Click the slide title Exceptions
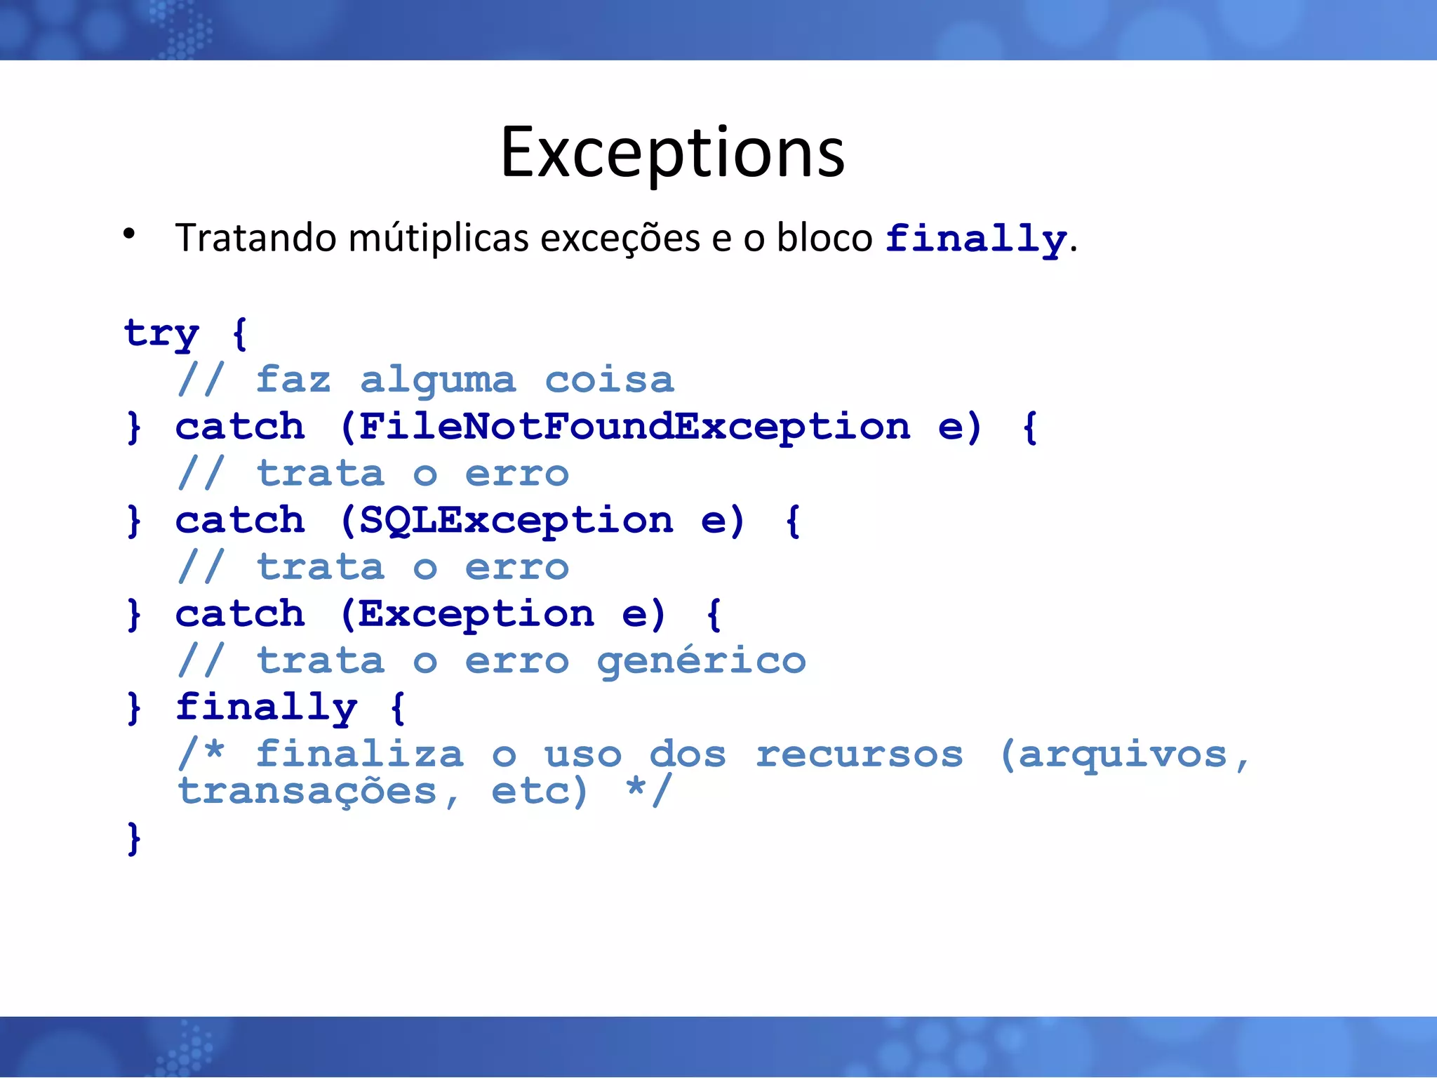coord(672,152)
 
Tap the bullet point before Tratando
coord(129,234)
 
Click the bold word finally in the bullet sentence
coord(975,239)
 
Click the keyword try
coord(161,333)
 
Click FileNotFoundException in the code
coord(634,427)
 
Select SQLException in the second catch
coord(516,521)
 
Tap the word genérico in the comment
coord(701,661)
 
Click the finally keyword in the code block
coord(266,707)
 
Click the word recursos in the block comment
coord(860,754)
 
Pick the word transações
coord(307,792)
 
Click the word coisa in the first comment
coord(609,380)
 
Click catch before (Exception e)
coord(240,614)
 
